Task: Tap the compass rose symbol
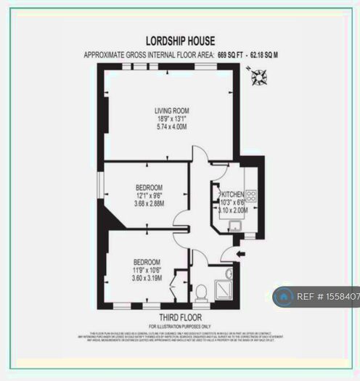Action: click(x=258, y=75)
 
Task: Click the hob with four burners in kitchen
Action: click(x=250, y=194)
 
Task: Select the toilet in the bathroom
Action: click(x=201, y=292)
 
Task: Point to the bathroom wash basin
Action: click(x=229, y=274)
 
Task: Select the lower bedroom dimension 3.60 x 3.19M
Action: click(x=146, y=278)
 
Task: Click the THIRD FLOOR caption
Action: click(x=179, y=317)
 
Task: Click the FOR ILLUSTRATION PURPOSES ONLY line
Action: click(x=179, y=326)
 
